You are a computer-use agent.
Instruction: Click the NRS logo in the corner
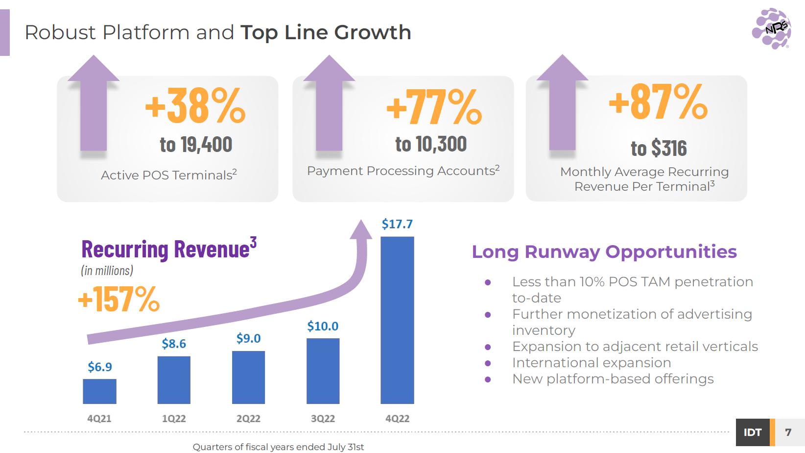(x=771, y=29)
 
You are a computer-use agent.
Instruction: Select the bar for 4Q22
(x=397, y=320)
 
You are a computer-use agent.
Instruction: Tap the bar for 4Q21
(x=99, y=391)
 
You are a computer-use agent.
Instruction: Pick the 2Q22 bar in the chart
(x=248, y=377)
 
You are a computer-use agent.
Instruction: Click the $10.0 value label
(x=323, y=326)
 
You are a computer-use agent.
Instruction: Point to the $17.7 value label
(x=397, y=224)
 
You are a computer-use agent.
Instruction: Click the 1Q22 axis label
(x=174, y=419)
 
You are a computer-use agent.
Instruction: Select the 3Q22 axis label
(x=323, y=419)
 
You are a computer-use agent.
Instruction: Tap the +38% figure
(x=195, y=106)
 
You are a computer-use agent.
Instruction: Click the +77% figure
(x=434, y=107)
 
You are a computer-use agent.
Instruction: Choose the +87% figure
(x=658, y=101)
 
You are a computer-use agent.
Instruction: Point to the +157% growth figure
(x=118, y=299)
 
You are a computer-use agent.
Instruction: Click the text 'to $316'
(x=659, y=148)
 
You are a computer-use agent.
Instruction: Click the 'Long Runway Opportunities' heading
(x=604, y=252)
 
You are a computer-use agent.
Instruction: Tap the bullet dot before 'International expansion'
(x=488, y=363)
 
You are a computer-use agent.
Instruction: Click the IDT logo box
(x=753, y=432)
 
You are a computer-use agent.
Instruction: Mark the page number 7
(x=788, y=432)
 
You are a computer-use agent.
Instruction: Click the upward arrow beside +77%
(x=329, y=103)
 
